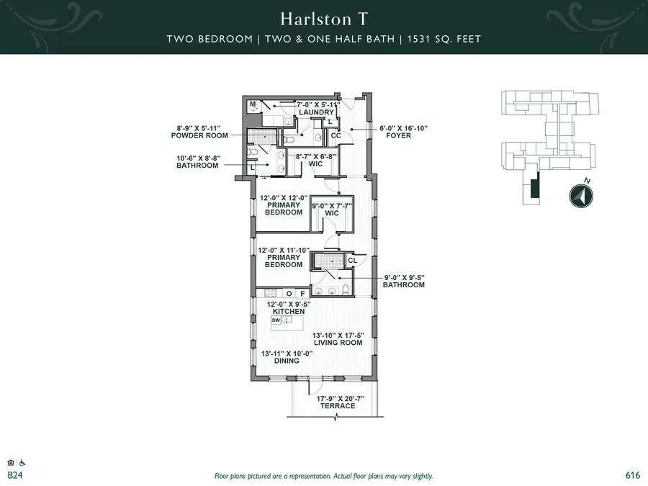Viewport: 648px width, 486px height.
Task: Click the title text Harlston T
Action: (323, 17)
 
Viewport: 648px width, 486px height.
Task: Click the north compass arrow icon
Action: (581, 196)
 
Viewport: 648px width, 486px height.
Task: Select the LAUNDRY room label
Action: (317, 112)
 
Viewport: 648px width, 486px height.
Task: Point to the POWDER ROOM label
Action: (199, 135)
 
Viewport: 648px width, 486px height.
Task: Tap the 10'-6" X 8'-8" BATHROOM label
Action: (197, 165)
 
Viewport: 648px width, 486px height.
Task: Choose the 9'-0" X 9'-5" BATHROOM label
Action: (403, 284)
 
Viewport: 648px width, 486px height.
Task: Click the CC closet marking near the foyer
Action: (336, 135)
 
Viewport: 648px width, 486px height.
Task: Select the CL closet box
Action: (352, 261)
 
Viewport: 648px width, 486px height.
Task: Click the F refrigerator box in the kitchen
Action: (302, 294)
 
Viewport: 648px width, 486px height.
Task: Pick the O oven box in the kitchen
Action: (289, 294)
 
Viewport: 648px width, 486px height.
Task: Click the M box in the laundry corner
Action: (253, 105)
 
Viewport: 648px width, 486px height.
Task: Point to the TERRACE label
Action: (338, 405)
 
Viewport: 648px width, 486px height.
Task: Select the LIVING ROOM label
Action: (337, 343)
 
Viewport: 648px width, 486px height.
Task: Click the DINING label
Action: (287, 360)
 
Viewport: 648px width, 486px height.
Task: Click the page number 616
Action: (633, 475)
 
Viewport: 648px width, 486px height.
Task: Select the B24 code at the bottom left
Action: (14, 476)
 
